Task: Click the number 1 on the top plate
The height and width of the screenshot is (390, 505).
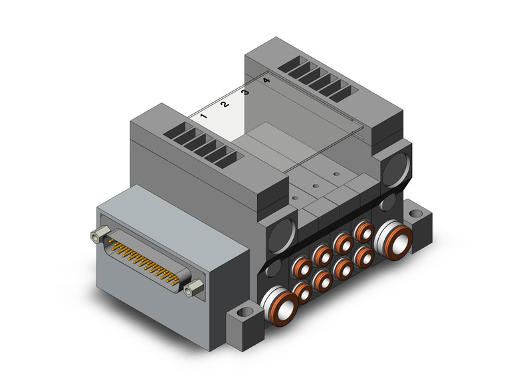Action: (x=203, y=116)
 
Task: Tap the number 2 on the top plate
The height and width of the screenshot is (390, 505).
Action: (x=225, y=104)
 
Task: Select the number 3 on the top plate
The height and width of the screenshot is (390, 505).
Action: (x=245, y=92)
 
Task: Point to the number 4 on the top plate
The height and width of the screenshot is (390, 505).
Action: (x=266, y=80)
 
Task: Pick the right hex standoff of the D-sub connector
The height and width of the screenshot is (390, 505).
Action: (x=193, y=288)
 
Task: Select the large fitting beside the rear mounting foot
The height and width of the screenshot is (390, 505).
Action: (x=393, y=240)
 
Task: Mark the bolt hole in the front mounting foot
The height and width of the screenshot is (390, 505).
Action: (x=247, y=312)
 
